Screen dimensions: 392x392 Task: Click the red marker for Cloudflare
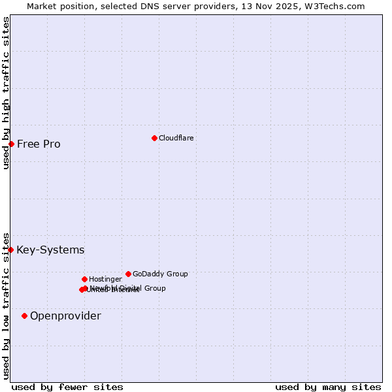(154, 138)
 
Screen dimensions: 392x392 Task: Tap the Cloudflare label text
(176, 138)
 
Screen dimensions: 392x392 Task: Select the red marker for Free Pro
(11, 144)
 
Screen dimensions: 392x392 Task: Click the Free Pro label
(39, 144)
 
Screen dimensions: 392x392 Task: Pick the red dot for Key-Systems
(10, 250)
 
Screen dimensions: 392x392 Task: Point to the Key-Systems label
(50, 250)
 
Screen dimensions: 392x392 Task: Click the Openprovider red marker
(24, 316)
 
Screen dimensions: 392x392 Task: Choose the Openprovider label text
(65, 316)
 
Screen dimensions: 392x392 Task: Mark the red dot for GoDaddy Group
(128, 274)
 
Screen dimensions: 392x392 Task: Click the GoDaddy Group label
(160, 274)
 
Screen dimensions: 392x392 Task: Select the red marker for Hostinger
(84, 279)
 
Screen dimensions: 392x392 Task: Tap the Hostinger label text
(105, 279)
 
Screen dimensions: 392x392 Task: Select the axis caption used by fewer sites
(67, 387)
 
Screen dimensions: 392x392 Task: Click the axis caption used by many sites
(328, 387)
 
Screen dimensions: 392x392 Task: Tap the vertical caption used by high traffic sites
(6, 93)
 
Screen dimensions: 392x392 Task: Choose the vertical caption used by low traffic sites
(6, 306)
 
